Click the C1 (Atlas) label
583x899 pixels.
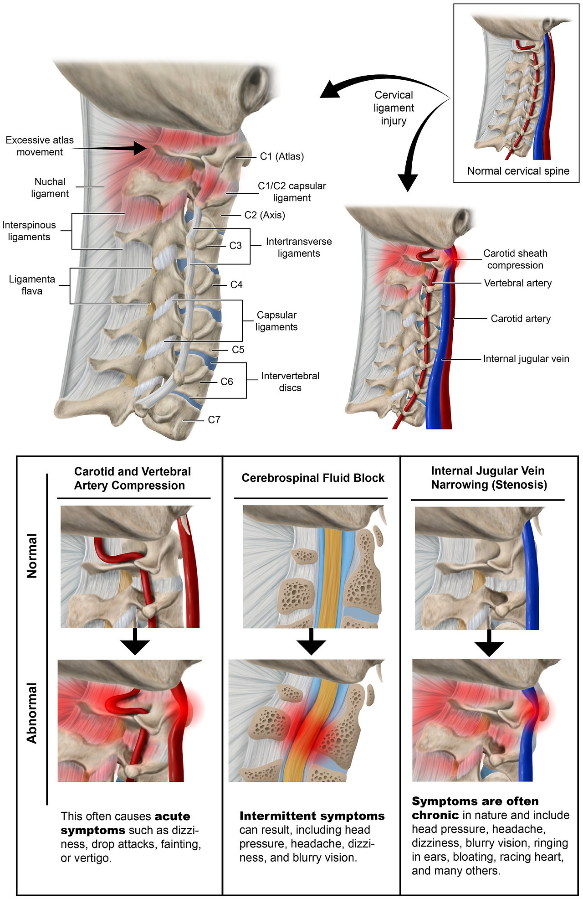[x=281, y=156]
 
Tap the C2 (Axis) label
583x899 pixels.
[x=265, y=215]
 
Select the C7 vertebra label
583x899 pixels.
[x=214, y=419]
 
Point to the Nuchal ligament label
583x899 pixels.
[x=50, y=187]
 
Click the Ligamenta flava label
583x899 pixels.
[x=32, y=285]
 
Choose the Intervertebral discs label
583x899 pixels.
[x=290, y=382]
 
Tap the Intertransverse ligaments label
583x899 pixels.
[x=299, y=247]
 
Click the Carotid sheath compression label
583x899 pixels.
[x=515, y=259]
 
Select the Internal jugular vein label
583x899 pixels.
[x=526, y=359]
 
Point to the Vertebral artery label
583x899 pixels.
[x=518, y=283]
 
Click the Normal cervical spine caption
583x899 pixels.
[x=518, y=171]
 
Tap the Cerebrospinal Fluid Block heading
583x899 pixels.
[x=313, y=478]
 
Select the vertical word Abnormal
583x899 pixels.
[x=32, y=713]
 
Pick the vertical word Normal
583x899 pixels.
[x=32, y=556]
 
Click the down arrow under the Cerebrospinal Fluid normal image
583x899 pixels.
[x=311, y=642]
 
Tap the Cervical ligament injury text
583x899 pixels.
[x=394, y=108]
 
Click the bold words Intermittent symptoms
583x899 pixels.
[x=312, y=816]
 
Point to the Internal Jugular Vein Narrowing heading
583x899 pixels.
[x=489, y=477]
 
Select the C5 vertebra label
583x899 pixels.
[x=238, y=350]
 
